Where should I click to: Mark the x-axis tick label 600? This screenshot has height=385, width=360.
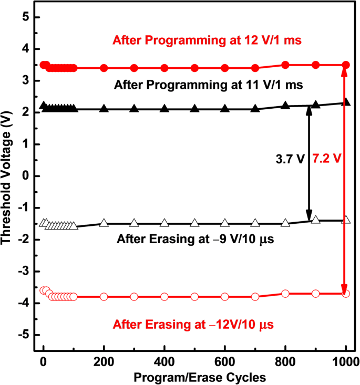tap(225, 361)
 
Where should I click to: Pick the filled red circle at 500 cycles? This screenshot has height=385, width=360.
tap(194, 68)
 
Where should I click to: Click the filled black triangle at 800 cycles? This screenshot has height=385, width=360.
tap(285, 106)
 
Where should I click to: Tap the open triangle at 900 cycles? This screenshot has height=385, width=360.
tap(315, 220)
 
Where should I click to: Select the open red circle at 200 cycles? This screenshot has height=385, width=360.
tap(104, 297)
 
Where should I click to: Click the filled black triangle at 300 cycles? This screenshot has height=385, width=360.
tap(134, 109)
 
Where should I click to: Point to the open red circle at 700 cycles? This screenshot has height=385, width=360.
tap(255, 297)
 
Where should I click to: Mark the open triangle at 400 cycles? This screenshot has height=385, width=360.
tap(164, 223)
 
